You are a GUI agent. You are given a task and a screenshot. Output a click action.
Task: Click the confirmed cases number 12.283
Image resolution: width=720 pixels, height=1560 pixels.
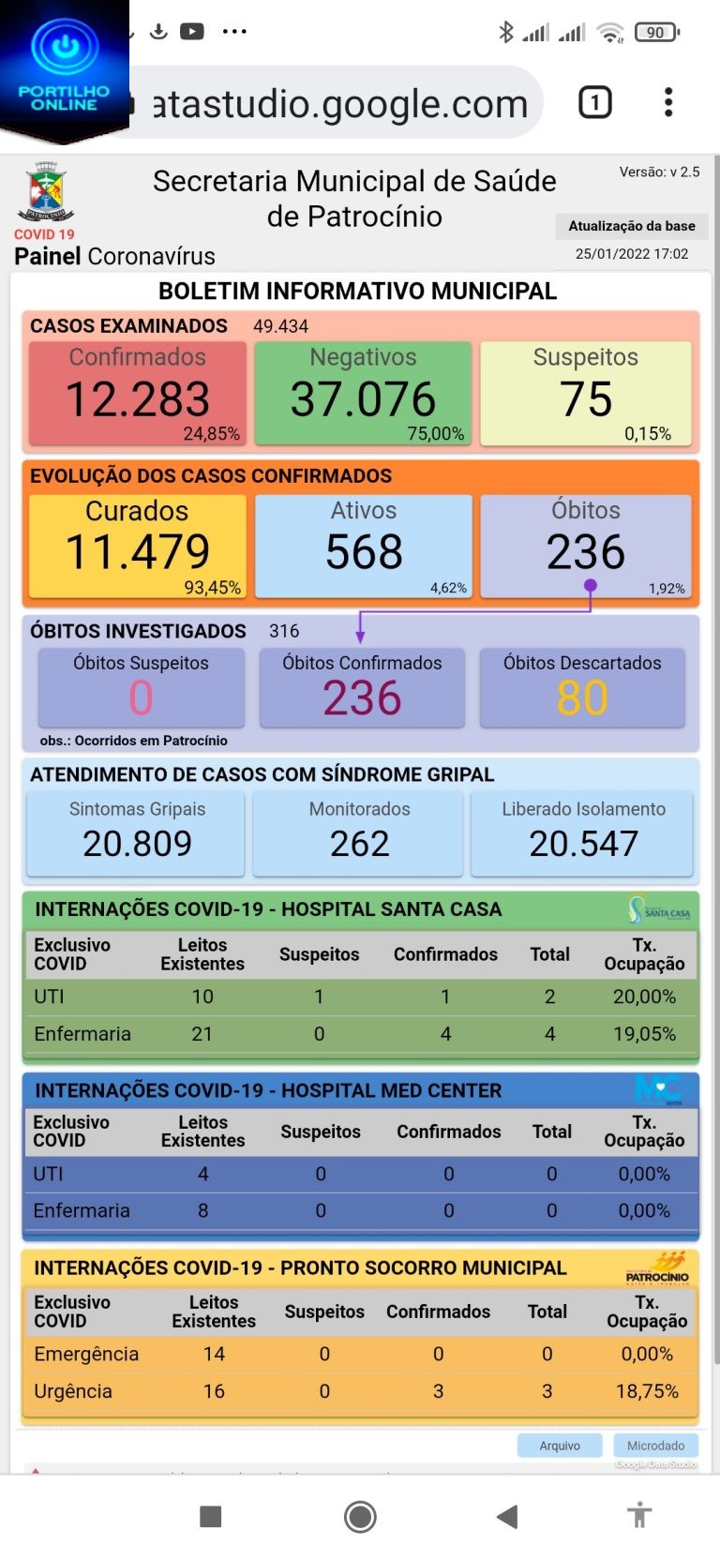point(138,399)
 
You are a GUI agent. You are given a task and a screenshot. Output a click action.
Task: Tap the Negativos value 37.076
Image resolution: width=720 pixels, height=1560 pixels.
point(363,399)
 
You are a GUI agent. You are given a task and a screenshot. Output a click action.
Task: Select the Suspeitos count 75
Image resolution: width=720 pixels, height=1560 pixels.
point(586,399)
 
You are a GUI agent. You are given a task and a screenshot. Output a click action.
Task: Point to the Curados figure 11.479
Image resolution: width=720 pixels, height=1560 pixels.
point(138,551)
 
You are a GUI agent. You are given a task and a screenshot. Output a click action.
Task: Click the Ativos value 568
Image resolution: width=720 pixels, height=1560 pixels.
point(364,551)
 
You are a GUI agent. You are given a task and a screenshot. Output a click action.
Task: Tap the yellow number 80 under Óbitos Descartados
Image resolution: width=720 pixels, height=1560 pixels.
point(582,698)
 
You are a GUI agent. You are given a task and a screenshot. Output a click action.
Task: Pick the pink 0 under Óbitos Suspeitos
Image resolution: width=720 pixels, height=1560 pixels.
point(141,698)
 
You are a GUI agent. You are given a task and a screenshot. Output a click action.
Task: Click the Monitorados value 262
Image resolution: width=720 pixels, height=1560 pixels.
point(359,844)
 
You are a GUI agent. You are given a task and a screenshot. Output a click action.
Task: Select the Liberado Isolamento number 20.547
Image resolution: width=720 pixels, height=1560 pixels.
point(583,844)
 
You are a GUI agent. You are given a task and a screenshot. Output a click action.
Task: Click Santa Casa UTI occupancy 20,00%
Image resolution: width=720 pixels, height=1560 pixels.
point(644,997)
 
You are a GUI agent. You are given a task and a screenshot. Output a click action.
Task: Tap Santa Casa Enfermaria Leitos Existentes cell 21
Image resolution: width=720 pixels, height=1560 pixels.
point(202,1034)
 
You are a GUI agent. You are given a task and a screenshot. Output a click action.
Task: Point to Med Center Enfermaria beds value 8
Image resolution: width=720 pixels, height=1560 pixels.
point(202,1210)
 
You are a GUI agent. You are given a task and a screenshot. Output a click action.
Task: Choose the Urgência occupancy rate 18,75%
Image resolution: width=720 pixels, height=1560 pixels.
point(647,1391)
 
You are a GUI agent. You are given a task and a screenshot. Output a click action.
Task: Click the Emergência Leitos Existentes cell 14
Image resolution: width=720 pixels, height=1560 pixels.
point(214,1354)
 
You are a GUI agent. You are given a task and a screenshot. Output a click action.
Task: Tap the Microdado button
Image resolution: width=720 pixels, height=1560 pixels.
point(655,1446)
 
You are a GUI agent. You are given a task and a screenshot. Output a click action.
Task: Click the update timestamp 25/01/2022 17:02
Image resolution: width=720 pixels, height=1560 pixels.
point(632,254)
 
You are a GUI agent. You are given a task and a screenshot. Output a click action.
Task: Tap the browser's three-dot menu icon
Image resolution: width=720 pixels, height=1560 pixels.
point(668,102)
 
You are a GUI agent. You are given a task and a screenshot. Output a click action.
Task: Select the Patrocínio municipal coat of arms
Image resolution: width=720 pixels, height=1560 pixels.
point(45,192)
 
